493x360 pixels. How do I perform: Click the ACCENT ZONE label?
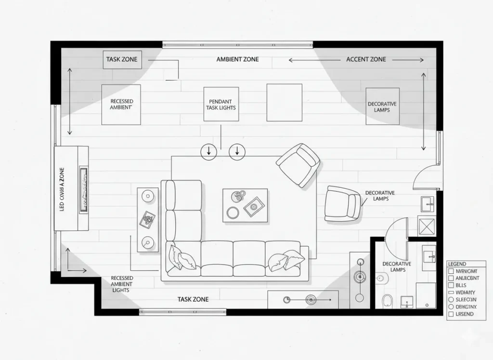point(366,59)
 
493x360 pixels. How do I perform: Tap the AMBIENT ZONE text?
point(237,59)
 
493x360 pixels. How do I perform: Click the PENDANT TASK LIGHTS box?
point(221,105)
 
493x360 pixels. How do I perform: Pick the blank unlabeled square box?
point(284,103)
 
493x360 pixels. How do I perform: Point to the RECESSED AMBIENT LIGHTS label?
point(122,284)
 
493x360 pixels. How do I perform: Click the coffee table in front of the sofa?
point(245,205)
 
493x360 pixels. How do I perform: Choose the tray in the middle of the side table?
point(147,220)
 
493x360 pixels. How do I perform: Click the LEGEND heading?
point(457,264)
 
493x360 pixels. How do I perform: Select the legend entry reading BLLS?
point(461,285)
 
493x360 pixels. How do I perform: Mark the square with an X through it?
point(426,226)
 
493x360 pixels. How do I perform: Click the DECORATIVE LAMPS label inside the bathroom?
point(397,267)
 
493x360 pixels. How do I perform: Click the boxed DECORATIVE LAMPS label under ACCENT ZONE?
point(382,107)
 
